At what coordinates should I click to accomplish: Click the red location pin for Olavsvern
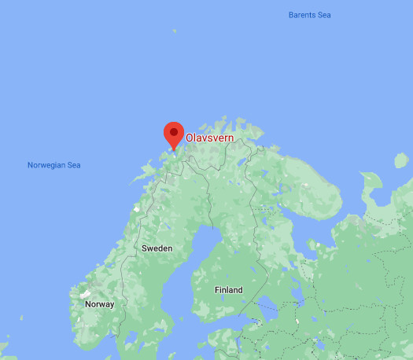tap(172, 136)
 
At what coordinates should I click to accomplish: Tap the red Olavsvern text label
tap(210, 137)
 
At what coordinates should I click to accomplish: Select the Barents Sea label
tap(310, 15)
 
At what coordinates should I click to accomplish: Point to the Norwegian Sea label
tap(53, 165)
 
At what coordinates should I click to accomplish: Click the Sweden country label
tap(157, 248)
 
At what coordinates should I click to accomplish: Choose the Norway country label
tap(99, 304)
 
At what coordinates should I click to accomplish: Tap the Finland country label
tap(229, 290)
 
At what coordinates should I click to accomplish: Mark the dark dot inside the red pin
tap(172, 132)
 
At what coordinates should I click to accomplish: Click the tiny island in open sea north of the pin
tap(175, 31)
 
